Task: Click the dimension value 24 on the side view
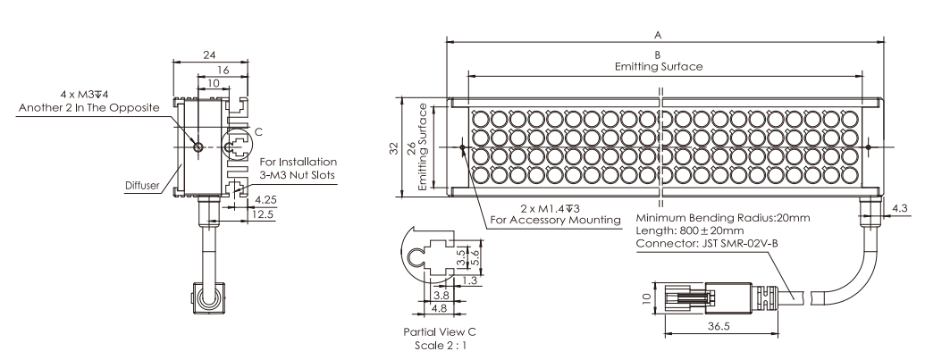tap(208, 55)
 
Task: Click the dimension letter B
tap(658, 55)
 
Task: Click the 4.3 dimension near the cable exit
tap(902, 209)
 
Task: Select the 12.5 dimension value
tap(265, 214)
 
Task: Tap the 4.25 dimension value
tap(265, 201)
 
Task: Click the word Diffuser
tap(142, 188)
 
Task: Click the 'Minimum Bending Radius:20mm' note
tap(723, 218)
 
